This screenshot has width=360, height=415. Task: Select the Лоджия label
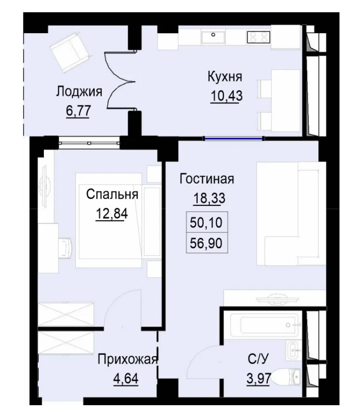[79, 91]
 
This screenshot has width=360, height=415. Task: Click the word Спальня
[112, 194]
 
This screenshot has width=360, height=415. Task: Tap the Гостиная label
[207, 179]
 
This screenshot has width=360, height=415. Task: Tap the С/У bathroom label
[257, 359]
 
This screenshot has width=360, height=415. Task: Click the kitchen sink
[214, 35]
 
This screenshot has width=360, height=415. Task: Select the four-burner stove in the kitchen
[259, 36]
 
